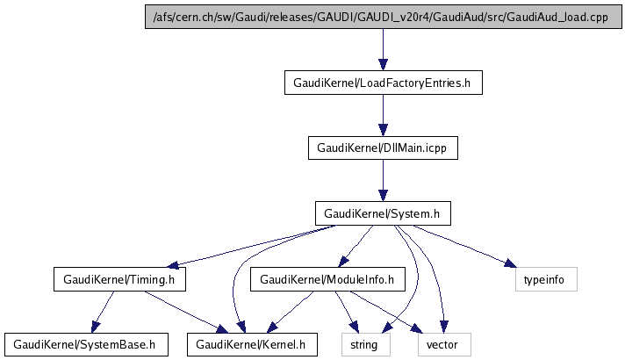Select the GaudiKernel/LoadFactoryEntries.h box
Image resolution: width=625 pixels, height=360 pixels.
[x=383, y=83]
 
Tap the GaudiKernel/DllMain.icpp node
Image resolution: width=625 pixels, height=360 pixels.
[x=383, y=148]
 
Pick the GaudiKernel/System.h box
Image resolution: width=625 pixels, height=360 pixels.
[x=383, y=213]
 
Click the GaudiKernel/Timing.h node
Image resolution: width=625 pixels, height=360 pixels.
[x=120, y=279]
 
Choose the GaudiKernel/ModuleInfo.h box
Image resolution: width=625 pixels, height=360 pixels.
[x=327, y=279]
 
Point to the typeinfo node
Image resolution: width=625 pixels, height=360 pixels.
[x=545, y=279]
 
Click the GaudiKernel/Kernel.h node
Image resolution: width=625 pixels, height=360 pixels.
[x=251, y=344]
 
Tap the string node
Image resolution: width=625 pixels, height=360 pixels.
[x=363, y=344]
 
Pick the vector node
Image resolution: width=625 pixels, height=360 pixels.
[x=443, y=344]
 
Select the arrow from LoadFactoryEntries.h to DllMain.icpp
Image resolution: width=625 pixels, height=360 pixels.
[x=383, y=115]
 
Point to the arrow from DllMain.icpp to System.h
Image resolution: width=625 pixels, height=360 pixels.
[x=383, y=180]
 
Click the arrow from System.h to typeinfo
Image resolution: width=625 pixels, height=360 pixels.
[x=461, y=246]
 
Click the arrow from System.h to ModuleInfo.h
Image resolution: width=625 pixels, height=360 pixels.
[x=356, y=246]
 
